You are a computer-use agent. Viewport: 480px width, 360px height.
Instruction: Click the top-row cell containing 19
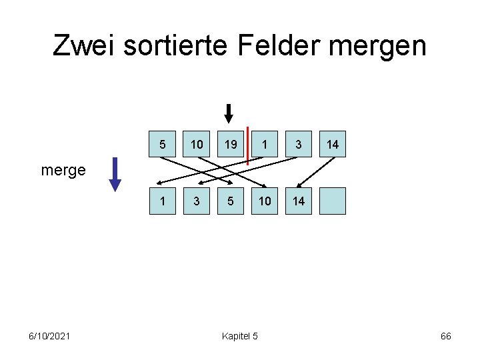[231, 144]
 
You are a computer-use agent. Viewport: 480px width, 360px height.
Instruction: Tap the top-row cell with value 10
[197, 144]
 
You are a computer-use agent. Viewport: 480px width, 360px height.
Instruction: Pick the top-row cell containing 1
[265, 144]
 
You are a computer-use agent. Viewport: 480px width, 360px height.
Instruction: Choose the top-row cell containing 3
[299, 144]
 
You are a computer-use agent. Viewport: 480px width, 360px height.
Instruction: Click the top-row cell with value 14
[333, 144]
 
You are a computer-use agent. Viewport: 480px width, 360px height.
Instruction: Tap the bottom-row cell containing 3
[197, 201]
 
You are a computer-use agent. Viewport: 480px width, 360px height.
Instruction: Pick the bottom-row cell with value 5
[231, 201]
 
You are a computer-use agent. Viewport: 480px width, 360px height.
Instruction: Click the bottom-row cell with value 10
[265, 201]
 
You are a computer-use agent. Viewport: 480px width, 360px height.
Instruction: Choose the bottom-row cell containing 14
[299, 201]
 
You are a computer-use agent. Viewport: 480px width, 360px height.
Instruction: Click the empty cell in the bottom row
[333, 201]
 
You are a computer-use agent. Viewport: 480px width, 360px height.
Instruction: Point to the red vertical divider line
[247, 145]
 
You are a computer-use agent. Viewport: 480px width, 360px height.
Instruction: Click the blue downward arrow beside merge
[115, 174]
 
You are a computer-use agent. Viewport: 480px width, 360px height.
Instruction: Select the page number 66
[446, 336]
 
